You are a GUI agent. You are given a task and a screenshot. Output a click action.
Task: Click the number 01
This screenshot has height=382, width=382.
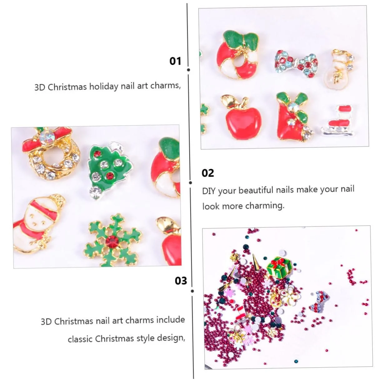pyautogui.click(x=175, y=61)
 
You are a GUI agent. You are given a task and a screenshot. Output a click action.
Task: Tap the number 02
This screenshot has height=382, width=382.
pyautogui.click(x=208, y=173)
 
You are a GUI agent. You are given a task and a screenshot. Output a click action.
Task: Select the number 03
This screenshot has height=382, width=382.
pyautogui.click(x=181, y=281)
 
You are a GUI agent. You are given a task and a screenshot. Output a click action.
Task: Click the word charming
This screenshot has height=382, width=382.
pyautogui.click(x=265, y=206)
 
